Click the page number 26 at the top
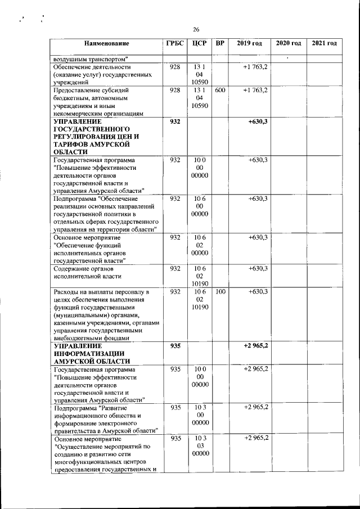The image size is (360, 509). tap(196, 30)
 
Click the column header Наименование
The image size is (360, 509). tap(107, 43)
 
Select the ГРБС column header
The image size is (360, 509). tap(175, 43)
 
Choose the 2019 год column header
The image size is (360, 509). tap(249, 43)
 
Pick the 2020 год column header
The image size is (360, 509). tap(288, 43)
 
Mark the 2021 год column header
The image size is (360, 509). tap(324, 43)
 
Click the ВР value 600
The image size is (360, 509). tap(220, 90)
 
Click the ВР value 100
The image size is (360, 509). tap(220, 291)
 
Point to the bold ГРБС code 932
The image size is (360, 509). tap(175, 121)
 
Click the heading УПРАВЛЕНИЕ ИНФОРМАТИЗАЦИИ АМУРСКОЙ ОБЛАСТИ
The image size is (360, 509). tap(92, 353)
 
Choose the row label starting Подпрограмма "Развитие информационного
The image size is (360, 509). tap(104, 418)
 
